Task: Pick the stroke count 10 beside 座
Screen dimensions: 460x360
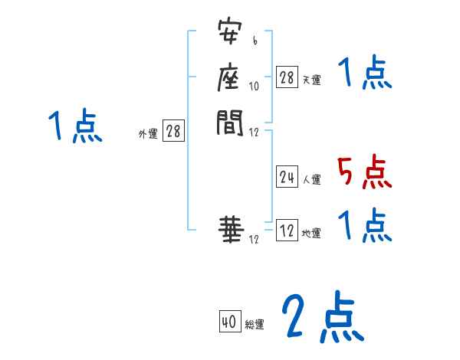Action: click(255, 86)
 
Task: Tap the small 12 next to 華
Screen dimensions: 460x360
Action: click(255, 239)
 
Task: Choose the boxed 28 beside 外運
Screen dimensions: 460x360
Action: click(173, 132)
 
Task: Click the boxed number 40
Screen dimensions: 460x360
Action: click(229, 322)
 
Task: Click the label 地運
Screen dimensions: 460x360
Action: click(311, 234)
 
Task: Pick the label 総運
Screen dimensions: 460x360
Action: click(255, 325)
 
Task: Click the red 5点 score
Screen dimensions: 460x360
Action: click(364, 172)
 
